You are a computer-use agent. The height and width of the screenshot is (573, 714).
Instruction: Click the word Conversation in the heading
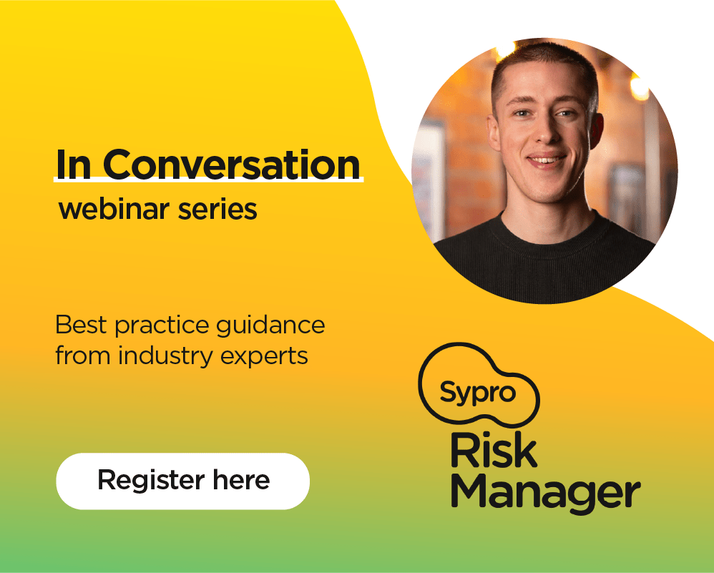pyautogui.click(x=232, y=164)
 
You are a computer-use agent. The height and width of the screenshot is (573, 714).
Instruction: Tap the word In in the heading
pyautogui.click(x=73, y=165)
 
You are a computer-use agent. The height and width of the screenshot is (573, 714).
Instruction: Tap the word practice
pyautogui.click(x=162, y=326)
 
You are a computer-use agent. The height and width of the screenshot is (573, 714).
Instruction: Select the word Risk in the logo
pyautogui.click(x=494, y=450)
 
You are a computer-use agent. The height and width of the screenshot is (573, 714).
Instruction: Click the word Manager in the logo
pyautogui.click(x=546, y=494)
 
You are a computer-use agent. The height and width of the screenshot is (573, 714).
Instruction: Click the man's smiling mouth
pyautogui.click(x=547, y=160)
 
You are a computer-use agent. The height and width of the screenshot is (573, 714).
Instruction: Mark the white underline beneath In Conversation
pyautogui.click(x=209, y=180)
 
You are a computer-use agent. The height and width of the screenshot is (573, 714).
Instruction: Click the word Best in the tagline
pyautogui.click(x=82, y=325)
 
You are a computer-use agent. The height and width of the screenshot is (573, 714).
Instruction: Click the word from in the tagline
pyautogui.click(x=83, y=356)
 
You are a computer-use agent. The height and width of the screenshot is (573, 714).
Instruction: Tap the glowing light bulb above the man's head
pyautogui.click(x=505, y=48)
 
